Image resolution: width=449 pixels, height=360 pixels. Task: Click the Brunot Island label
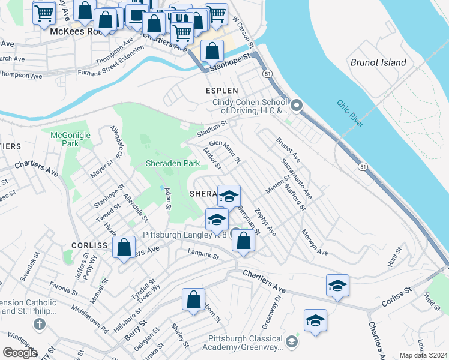378,62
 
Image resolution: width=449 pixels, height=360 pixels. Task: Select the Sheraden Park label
173,163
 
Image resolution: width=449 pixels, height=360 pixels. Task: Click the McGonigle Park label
70,139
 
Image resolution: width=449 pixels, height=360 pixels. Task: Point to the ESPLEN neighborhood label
223,91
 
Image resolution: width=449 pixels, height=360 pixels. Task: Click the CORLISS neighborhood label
89,245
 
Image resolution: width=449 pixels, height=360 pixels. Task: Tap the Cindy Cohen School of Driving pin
297,107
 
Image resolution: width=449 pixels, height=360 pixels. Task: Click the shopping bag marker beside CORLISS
124,247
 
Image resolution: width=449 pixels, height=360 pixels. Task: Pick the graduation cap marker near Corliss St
338,286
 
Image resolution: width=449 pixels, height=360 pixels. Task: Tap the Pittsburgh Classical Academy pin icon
292,341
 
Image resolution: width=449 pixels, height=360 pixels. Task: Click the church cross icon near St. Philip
40,325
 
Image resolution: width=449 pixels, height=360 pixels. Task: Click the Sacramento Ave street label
297,179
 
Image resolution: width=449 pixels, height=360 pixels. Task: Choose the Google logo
20,352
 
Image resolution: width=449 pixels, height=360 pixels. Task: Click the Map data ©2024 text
423,355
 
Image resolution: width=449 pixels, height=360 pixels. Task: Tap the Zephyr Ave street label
264,222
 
